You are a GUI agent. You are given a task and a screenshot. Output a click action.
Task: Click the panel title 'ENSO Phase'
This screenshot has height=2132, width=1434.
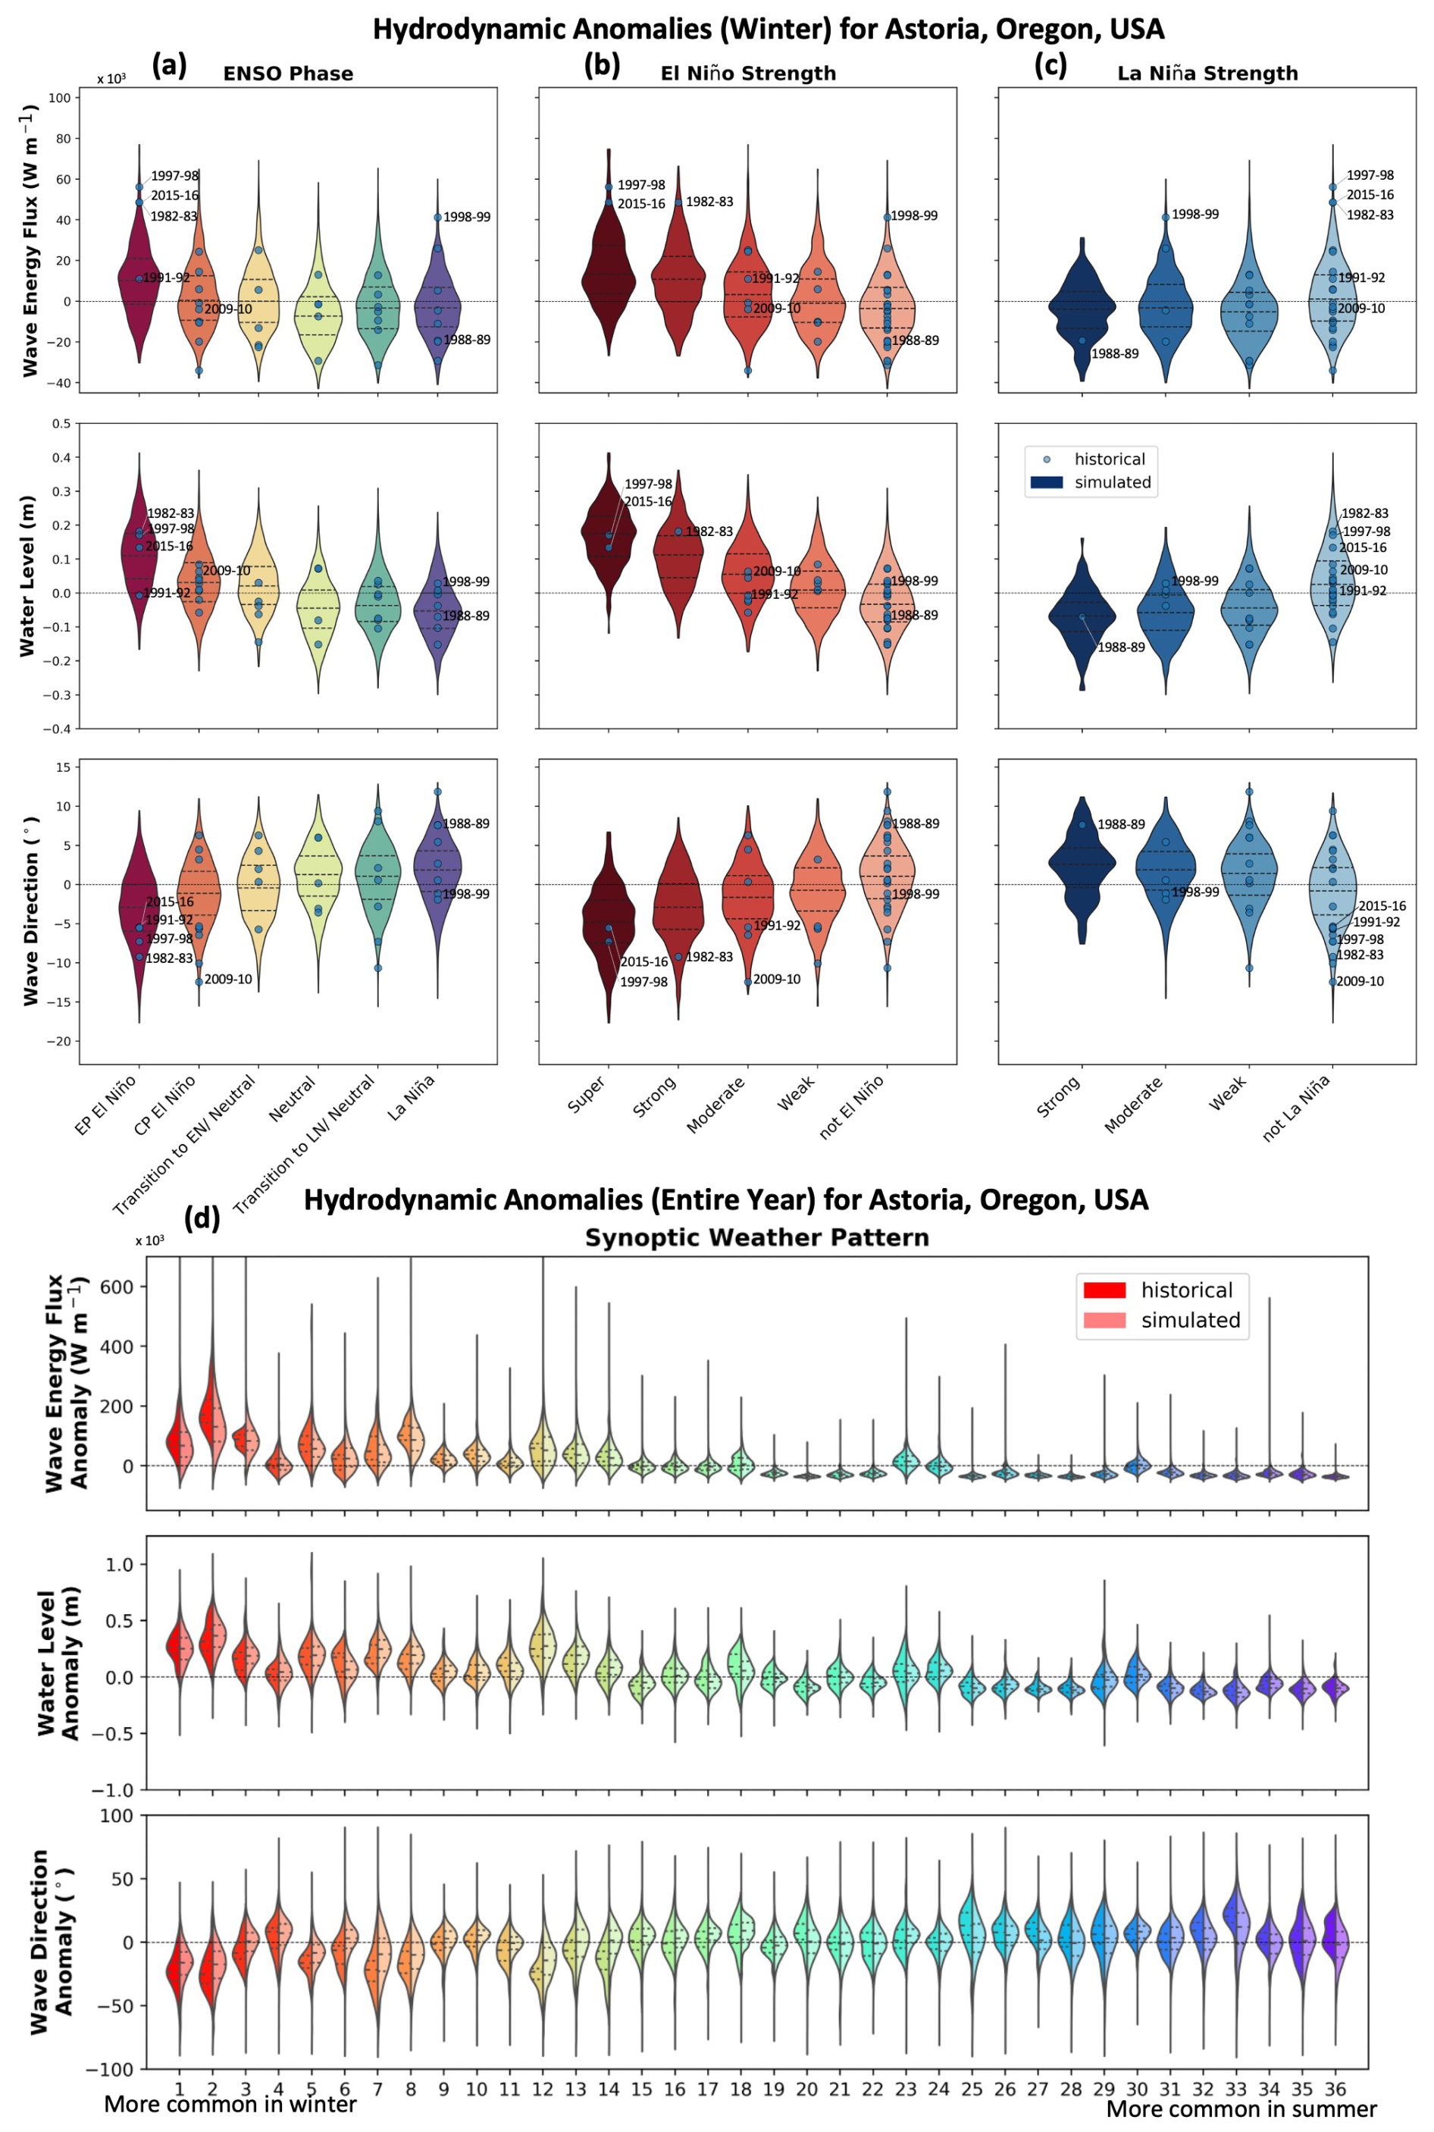[x=288, y=74]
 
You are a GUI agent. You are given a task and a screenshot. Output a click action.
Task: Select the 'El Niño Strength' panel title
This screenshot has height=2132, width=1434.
[x=748, y=74]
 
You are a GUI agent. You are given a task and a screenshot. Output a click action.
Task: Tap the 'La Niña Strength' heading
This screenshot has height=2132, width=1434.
[x=1207, y=74]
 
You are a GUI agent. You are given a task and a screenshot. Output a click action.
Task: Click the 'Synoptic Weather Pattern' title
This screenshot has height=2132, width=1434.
[x=756, y=1238]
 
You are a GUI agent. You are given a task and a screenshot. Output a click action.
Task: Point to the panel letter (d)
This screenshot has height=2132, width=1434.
[x=202, y=1218]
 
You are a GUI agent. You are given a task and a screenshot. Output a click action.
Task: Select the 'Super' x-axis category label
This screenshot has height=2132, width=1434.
[x=586, y=1095]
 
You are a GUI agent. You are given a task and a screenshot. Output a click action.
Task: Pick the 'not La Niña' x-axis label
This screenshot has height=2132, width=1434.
[x=1296, y=1108]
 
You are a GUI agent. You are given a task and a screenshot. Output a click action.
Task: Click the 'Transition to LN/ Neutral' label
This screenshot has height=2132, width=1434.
[x=305, y=1144]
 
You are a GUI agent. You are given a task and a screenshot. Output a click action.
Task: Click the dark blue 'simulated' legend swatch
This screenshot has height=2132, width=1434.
[x=1046, y=482]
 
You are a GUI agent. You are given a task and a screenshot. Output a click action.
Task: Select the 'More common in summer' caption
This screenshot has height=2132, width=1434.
[x=1241, y=2109]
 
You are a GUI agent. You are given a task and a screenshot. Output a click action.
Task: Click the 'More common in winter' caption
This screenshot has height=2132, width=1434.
[x=230, y=2105]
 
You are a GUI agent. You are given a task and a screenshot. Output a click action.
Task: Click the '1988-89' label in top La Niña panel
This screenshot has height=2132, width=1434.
[x=1115, y=354]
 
